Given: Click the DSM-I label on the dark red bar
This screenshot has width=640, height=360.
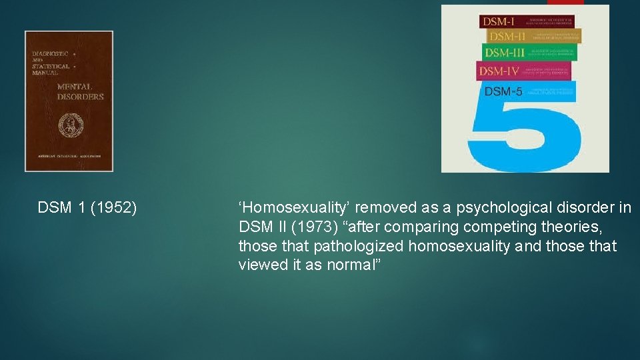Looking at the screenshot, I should click(499, 21).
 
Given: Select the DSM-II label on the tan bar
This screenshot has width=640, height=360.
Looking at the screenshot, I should click(507, 37).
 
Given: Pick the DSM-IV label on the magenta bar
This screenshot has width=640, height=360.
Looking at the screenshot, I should click(499, 71).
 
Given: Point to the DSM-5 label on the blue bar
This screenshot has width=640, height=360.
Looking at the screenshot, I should click(503, 91).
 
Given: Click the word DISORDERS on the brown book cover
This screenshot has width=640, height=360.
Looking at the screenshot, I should click(81, 97).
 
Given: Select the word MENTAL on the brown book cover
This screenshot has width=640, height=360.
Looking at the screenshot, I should click(75, 87).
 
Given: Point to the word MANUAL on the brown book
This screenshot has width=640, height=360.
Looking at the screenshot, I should click(46, 72).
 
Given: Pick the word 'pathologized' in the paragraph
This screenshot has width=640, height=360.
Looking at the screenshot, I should click(359, 247).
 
